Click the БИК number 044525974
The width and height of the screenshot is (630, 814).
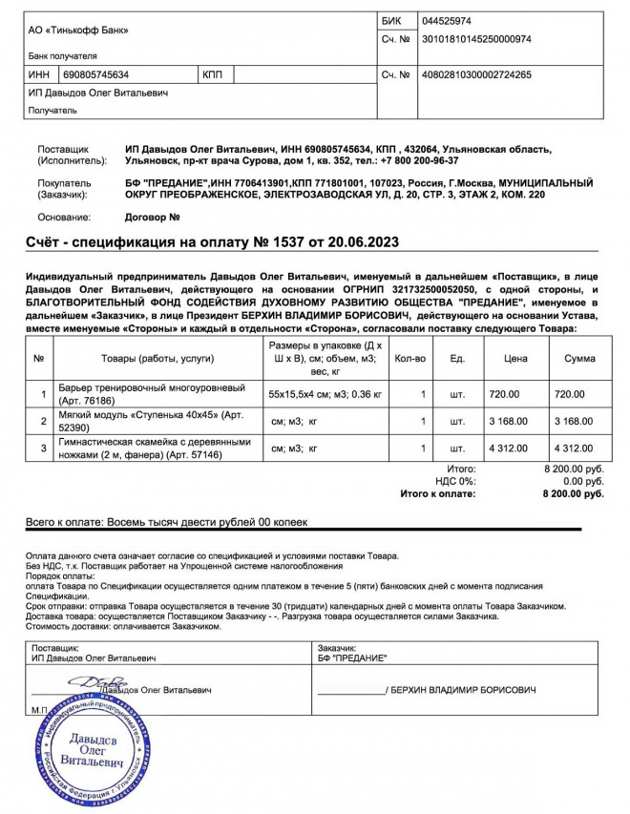coord(447,20)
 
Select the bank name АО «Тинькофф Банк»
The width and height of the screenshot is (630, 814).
coord(78,30)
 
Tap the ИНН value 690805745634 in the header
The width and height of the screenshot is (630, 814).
coord(96,73)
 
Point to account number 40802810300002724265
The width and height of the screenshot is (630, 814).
coord(476,73)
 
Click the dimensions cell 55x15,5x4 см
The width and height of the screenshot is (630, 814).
coord(325,393)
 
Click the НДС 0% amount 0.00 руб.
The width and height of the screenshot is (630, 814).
coord(578,481)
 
